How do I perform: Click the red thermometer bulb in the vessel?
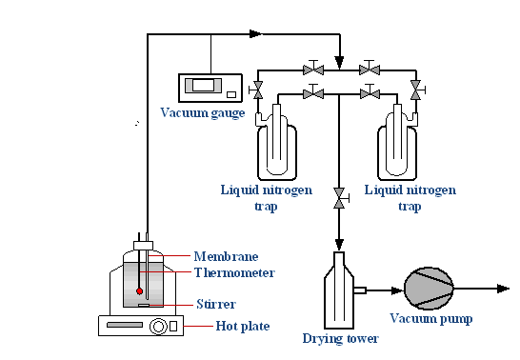(x=140, y=291)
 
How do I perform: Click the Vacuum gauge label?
(x=203, y=113)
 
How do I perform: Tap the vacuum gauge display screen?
(x=203, y=85)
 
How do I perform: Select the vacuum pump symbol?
(x=429, y=289)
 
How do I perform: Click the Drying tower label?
(x=340, y=339)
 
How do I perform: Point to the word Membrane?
(x=226, y=256)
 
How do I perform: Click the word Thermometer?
(x=234, y=272)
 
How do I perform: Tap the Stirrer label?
(x=216, y=304)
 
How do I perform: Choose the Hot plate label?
(x=243, y=326)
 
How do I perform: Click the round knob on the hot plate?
(x=158, y=326)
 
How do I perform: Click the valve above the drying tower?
(x=339, y=198)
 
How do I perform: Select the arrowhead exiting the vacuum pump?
(x=504, y=289)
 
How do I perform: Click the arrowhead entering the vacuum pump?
(x=397, y=290)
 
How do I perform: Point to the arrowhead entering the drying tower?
(x=339, y=245)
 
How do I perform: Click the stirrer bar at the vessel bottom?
(x=144, y=305)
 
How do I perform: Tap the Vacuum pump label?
(x=431, y=319)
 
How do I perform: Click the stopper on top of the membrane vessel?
(x=143, y=246)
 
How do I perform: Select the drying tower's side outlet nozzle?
(x=360, y=290)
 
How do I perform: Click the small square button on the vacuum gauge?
(x=231, y=95)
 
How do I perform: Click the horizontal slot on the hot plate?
(x=125, y=325)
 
